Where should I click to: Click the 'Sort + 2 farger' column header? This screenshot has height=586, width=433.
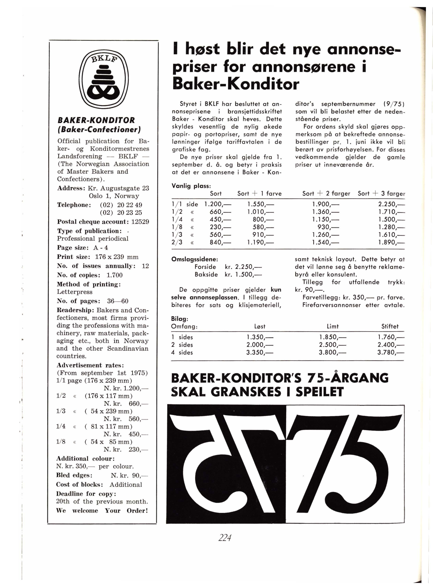tap(326, 194)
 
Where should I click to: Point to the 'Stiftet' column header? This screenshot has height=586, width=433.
tap(390, 326)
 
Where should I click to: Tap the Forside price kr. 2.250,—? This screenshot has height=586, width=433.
tap(243, 267)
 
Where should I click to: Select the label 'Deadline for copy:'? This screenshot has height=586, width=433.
tap(86, 494)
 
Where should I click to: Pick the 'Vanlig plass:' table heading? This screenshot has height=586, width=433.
tap(191, 186)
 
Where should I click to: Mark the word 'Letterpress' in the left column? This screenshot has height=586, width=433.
tap(75, 292)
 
